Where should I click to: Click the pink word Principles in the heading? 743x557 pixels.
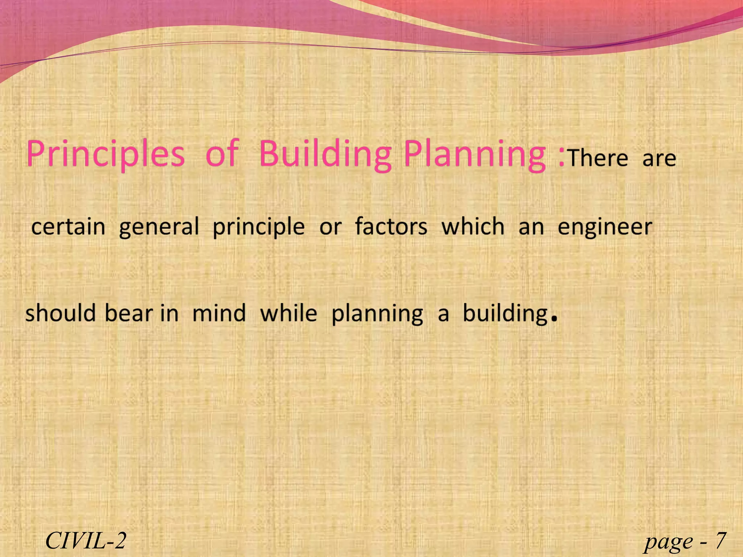106,154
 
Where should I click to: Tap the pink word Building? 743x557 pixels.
325,154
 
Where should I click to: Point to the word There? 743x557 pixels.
598,158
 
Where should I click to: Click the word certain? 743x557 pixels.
68,227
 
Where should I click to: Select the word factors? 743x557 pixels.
391,226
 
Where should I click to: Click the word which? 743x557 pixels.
473,226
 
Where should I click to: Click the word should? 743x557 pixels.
60,313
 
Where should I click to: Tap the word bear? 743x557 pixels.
128,313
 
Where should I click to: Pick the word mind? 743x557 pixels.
219,313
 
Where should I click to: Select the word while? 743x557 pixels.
289,313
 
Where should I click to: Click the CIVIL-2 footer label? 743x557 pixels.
86,541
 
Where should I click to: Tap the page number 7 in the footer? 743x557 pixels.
720,541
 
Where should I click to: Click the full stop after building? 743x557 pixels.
554,319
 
